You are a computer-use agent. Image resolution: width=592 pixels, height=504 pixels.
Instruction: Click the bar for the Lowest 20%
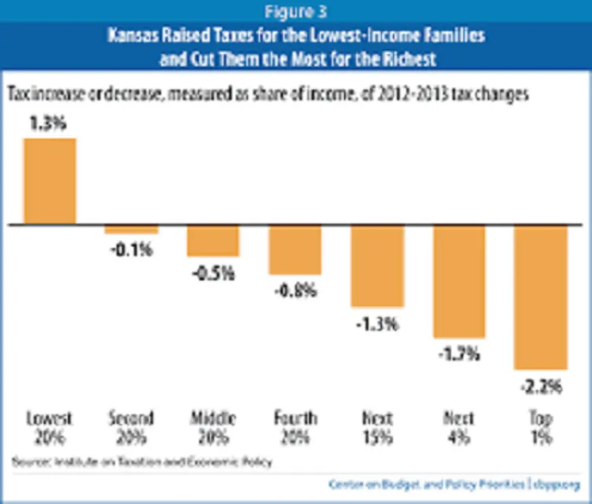pos(49,181)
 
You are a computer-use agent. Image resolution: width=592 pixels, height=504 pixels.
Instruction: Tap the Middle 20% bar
pos(213,240)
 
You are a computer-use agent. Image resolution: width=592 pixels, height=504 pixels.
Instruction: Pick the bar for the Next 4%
pos(459,280)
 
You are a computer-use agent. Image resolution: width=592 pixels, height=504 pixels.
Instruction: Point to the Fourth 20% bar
pos(295,249)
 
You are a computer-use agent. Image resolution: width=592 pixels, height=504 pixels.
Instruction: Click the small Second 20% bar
pos(131,229)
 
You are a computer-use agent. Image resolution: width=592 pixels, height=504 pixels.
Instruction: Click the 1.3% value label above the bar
pos(51,126)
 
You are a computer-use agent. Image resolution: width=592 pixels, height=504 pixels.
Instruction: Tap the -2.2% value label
pos(540,387)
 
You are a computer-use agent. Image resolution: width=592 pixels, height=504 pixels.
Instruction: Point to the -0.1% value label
pos(132,249)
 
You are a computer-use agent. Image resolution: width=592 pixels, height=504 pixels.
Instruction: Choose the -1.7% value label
pos(459,354)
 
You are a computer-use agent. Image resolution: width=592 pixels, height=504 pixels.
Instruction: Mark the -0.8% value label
pos(295,291)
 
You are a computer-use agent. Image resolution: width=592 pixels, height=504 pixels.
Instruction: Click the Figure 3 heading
pos(296,11)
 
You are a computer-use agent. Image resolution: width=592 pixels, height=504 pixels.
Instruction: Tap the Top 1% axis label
pos(540,427)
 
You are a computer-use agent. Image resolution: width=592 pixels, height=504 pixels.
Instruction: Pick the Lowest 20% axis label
pos(49,427)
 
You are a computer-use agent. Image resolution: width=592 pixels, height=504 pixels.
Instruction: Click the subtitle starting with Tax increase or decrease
pos(267,94)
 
